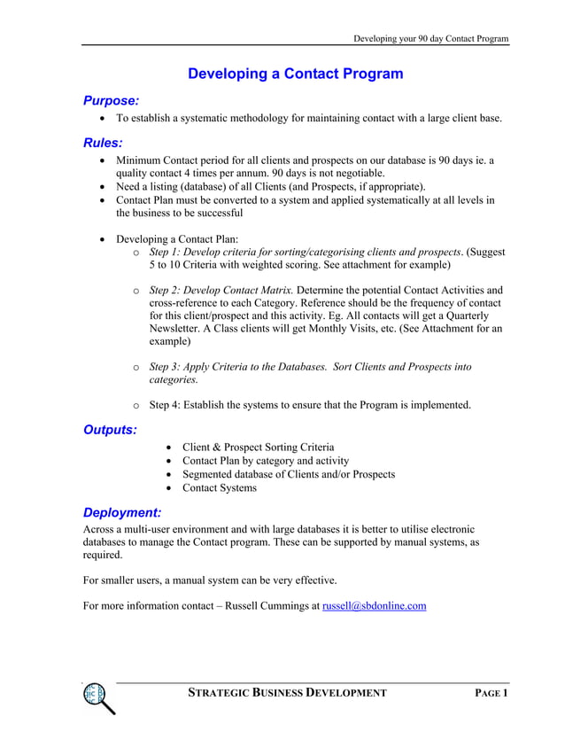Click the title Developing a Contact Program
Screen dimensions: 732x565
[x=295, y=74]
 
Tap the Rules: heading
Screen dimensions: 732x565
[x=103, y=142]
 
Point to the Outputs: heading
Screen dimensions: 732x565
[x=110, y=430]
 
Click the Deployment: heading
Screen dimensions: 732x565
[x=122, y=512]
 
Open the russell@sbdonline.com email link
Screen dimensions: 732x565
[x=375, y=606]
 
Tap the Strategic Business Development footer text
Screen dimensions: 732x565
[x=287, y=693]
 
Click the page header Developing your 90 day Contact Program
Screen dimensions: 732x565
[x=430, y=38]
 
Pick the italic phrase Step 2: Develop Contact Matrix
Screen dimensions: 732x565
[x=221, y=290]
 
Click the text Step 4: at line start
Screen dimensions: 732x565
[x=166, y=405]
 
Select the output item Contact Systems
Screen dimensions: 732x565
[x=220, y=488]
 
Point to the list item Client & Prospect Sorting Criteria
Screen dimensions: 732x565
[x=258, y=448]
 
